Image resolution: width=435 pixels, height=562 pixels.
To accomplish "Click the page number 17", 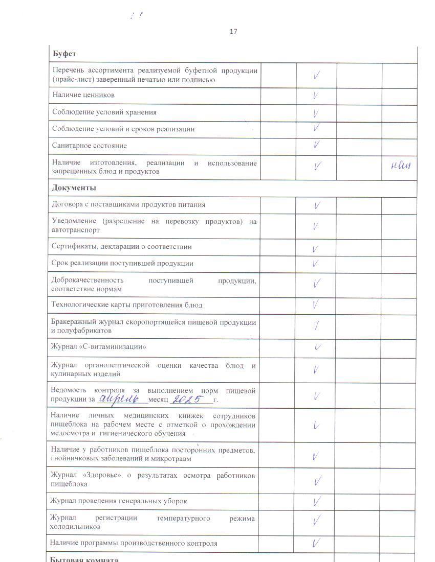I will tap(233, 32).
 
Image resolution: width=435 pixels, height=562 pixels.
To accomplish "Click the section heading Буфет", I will tap(64, 54).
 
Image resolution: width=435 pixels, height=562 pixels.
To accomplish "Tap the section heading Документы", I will tap(74, 188).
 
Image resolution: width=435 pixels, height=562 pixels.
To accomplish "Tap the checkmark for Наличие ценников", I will tap(316, 96).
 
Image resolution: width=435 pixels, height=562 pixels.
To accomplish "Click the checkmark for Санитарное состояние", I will tap(317, 145).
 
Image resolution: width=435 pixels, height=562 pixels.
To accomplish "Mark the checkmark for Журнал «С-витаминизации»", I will tap(318, 347).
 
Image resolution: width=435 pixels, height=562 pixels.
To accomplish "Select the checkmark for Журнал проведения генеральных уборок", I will tap(317, 501).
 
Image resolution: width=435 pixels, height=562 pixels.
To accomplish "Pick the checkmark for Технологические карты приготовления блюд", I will tap(316, 305).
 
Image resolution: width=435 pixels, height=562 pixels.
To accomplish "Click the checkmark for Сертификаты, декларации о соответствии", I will tap(315, 249).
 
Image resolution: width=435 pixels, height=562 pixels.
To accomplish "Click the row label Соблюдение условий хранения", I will tap(104, 112).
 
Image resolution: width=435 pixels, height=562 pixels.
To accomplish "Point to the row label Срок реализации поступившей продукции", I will tap(122, 263).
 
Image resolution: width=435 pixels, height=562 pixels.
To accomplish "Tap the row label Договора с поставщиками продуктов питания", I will tap(128, 204).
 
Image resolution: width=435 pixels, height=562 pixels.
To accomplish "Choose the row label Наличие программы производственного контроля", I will tap(134, 543).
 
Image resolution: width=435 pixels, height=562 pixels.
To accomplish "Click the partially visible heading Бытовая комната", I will tap(84, 559).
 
